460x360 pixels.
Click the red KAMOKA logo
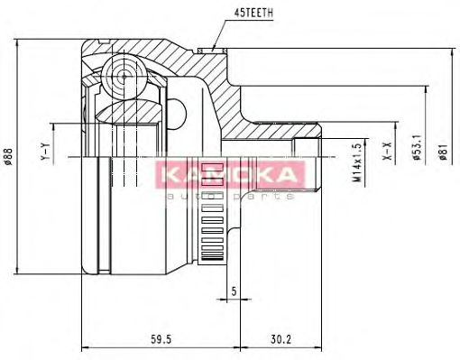coord(228,175)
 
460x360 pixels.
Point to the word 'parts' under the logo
coord(262,195)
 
